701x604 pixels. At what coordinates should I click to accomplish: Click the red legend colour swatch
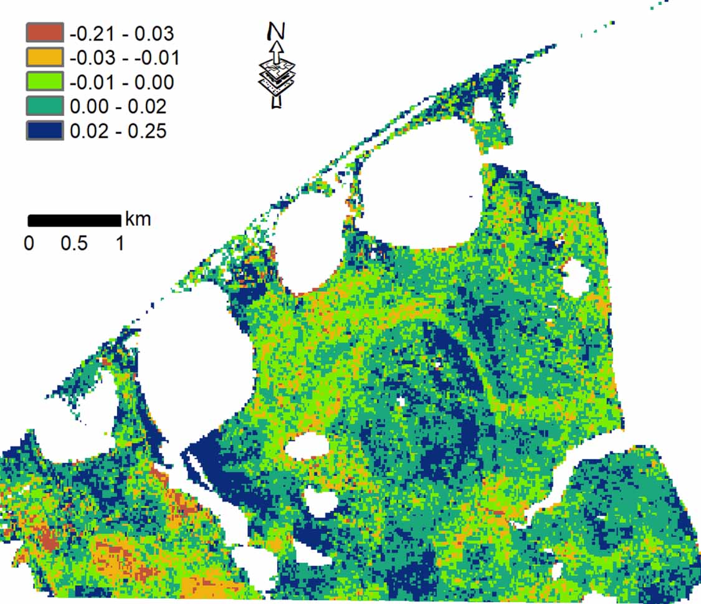tap(45, 32)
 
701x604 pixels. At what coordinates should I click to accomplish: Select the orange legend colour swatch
tap(45, 57)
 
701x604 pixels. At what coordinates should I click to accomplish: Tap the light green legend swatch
tap(45, 82)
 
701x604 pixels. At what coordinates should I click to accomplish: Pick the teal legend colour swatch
tap(45, 107)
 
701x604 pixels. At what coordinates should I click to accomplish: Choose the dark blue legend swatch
tap(45, 131)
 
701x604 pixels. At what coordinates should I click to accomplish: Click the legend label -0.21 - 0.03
tap(122, 32)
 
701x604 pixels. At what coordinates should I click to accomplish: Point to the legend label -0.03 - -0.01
tap(125, 58)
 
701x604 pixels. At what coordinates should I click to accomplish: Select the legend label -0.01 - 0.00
tap(122, 82)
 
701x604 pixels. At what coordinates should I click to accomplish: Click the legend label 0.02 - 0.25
tap(118, 132)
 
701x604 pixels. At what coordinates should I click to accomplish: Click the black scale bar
tap(74, 220)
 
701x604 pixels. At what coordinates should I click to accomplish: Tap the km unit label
tap(138, 219)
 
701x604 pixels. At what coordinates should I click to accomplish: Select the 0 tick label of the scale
tap(29, 243)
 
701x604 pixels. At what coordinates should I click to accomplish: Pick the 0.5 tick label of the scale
tap(74, 243)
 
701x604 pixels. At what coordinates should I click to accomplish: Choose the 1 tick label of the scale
tap(119, 243)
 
